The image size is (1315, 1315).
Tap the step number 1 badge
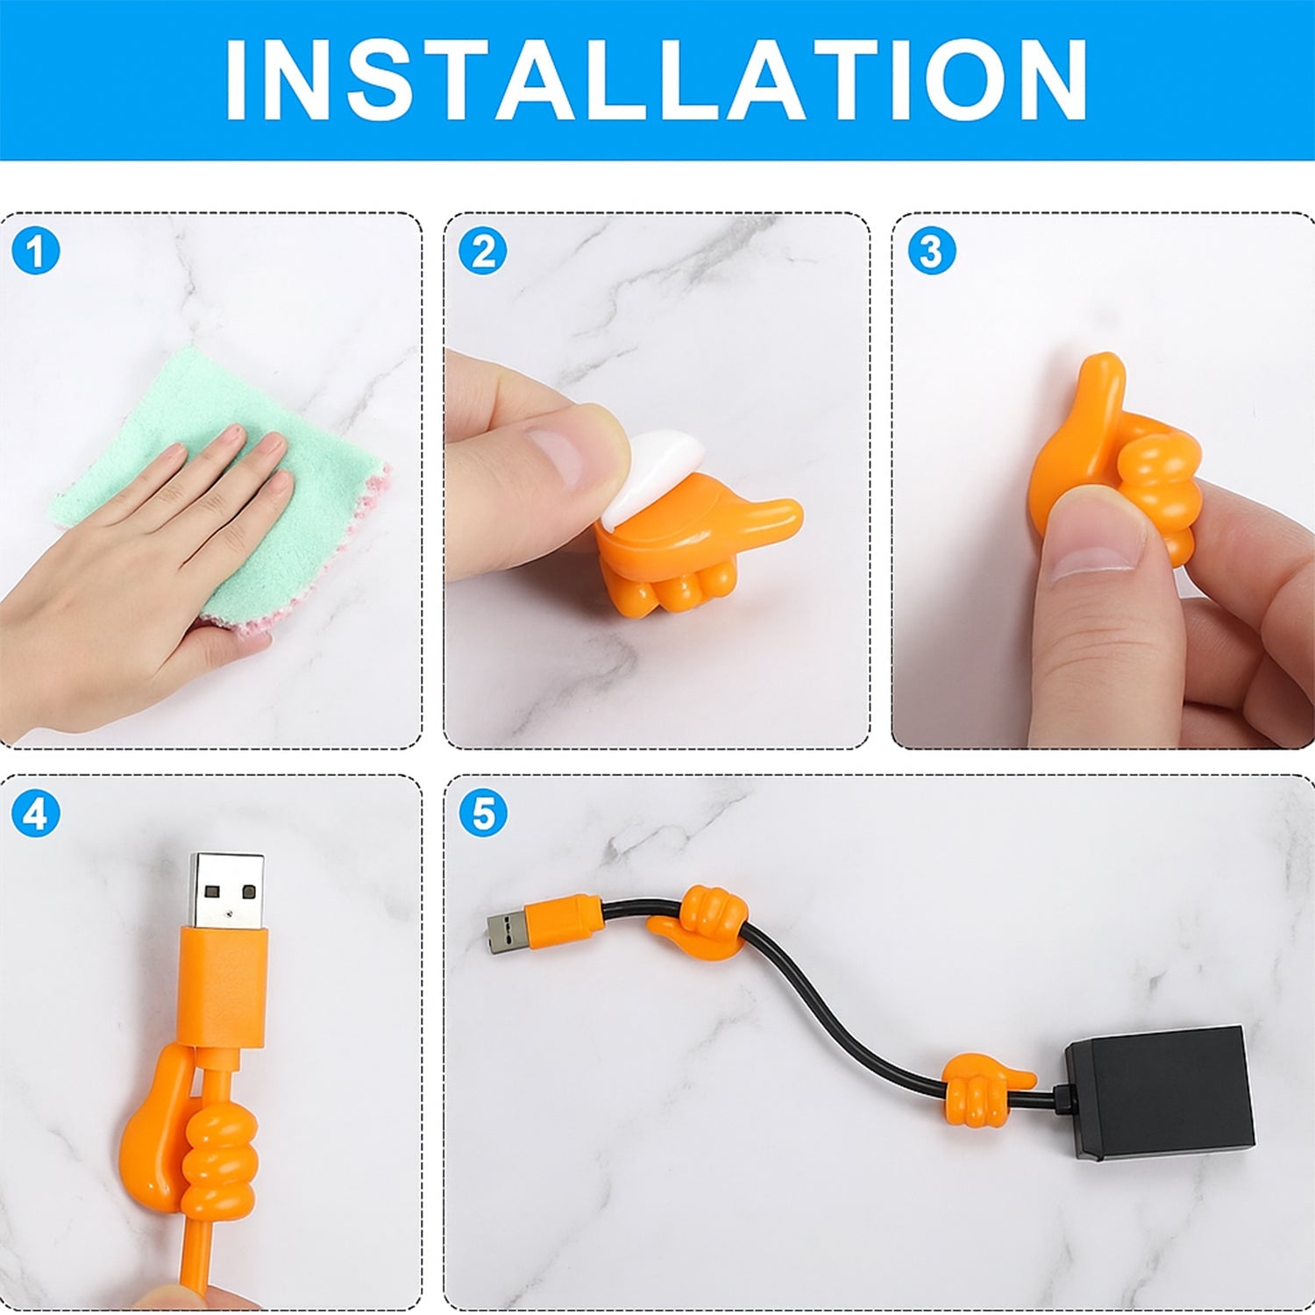click(35, 252)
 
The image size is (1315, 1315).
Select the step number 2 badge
click(483, 252)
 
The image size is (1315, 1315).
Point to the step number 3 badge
click(931, 252)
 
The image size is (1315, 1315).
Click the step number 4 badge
click(35, 814)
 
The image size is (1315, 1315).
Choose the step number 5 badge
click(483, 814)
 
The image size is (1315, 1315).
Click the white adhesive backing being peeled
click(653, 473)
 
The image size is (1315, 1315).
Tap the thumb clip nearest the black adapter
click(982, 1087)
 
